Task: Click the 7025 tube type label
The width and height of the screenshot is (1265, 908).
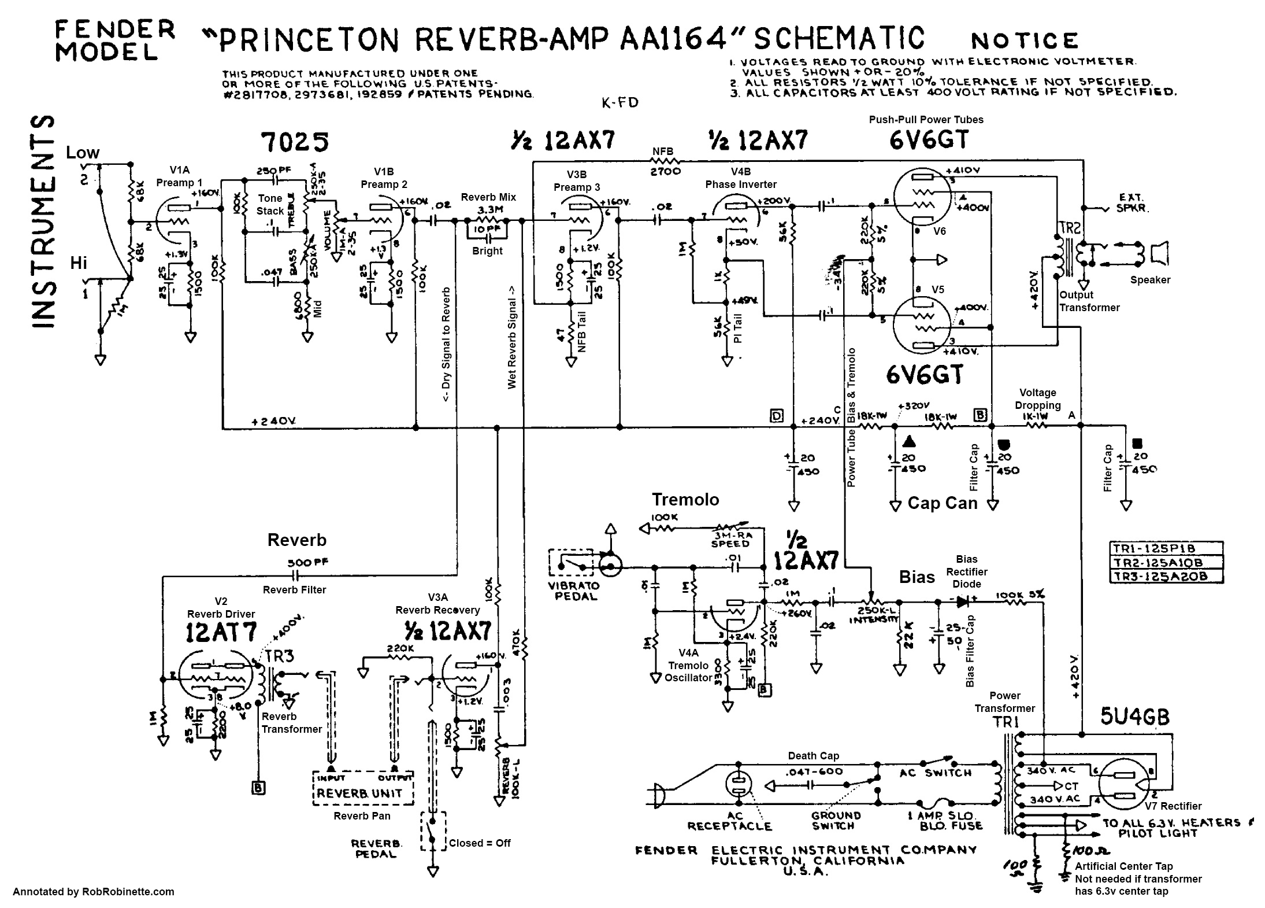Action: tap(295, 142)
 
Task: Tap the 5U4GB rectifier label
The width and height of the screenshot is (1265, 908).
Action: tap(1135, 717)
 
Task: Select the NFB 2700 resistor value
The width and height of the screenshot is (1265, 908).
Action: tap(665, 171)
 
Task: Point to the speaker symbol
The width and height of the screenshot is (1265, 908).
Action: tap(1159, 253)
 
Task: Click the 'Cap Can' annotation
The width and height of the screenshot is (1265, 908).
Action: tap(943, 503)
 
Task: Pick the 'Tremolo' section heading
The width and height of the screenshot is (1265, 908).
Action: tap(685, 499)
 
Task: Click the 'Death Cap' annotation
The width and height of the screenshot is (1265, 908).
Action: tap(813, 755)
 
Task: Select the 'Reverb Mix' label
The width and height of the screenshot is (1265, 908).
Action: tap(488, 197)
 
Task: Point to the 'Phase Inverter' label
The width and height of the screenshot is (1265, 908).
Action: tap(741, 184)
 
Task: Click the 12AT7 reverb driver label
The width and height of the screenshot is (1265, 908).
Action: tap(221, 633)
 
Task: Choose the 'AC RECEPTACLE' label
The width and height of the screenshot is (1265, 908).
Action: tap(729, 821)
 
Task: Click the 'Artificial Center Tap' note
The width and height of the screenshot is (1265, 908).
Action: tap(1123, 866)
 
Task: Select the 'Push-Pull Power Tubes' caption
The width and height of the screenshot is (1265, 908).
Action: tap(926, 120)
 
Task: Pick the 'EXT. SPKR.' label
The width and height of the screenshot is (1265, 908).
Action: tap(1130, 202)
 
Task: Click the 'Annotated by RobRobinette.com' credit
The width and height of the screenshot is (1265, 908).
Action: tap(94, 892)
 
